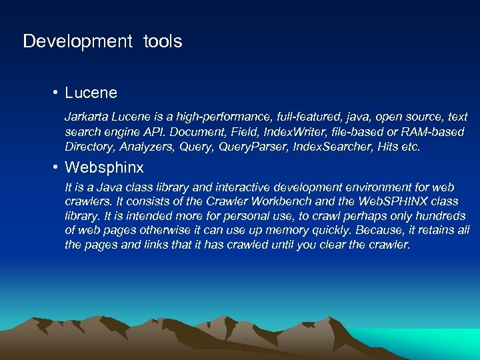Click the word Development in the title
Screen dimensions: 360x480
point(78,41)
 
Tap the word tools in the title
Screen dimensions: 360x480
point(162,41)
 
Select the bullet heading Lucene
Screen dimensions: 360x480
point(91,93)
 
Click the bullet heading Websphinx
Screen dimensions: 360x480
point(104,167)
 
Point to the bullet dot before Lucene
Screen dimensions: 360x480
point(58,93)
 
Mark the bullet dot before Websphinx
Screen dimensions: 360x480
point(58,167)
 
